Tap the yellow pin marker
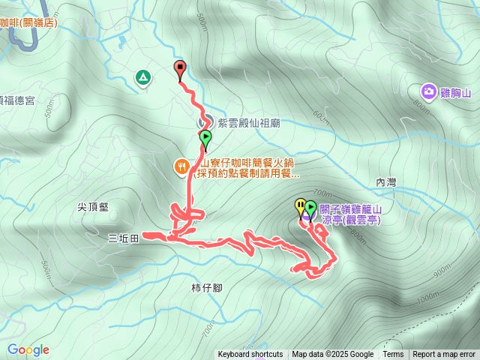(300, 205)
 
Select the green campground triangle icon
(142, 76)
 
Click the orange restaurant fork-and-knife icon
(181, 166)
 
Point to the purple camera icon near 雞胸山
(428, 92)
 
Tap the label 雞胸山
(454, 93)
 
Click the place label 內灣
(385, 182)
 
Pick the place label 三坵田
(124, 238)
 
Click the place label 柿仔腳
(206, 287)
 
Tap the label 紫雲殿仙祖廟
(248, 122)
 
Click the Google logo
(28, 349)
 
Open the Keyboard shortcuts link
(250, 355)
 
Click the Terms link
(393, 355)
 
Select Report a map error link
(444, 355)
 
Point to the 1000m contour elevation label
(428, 298)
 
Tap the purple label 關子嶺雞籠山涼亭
(350, 214)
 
